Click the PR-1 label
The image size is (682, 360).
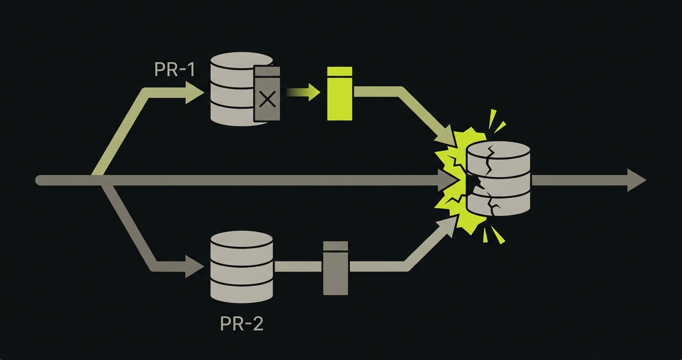(175, 70)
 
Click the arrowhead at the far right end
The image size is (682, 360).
(637, 180)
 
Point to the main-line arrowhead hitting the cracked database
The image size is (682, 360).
(447, 180)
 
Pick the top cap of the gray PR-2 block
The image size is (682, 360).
(336, 246)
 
